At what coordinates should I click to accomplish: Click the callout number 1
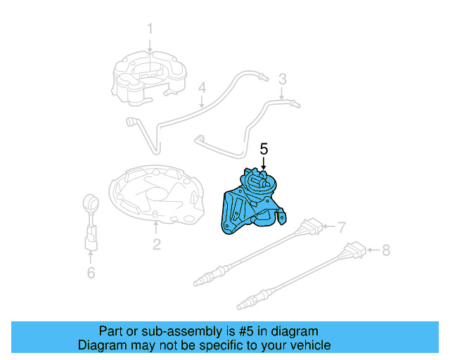coord(149,29)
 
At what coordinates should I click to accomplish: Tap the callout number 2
coord(156,244)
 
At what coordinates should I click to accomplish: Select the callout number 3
coord(282,78)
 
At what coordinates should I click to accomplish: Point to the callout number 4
coord(202,89)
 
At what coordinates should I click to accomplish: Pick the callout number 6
coord(91,272)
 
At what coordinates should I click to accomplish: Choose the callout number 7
coord(342,228)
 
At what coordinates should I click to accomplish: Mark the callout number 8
coord(385,249)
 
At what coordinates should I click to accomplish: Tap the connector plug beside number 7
coord(311,229)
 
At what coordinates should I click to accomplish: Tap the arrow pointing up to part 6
coord(91,257)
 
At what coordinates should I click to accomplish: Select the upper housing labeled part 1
coord(150,77)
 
